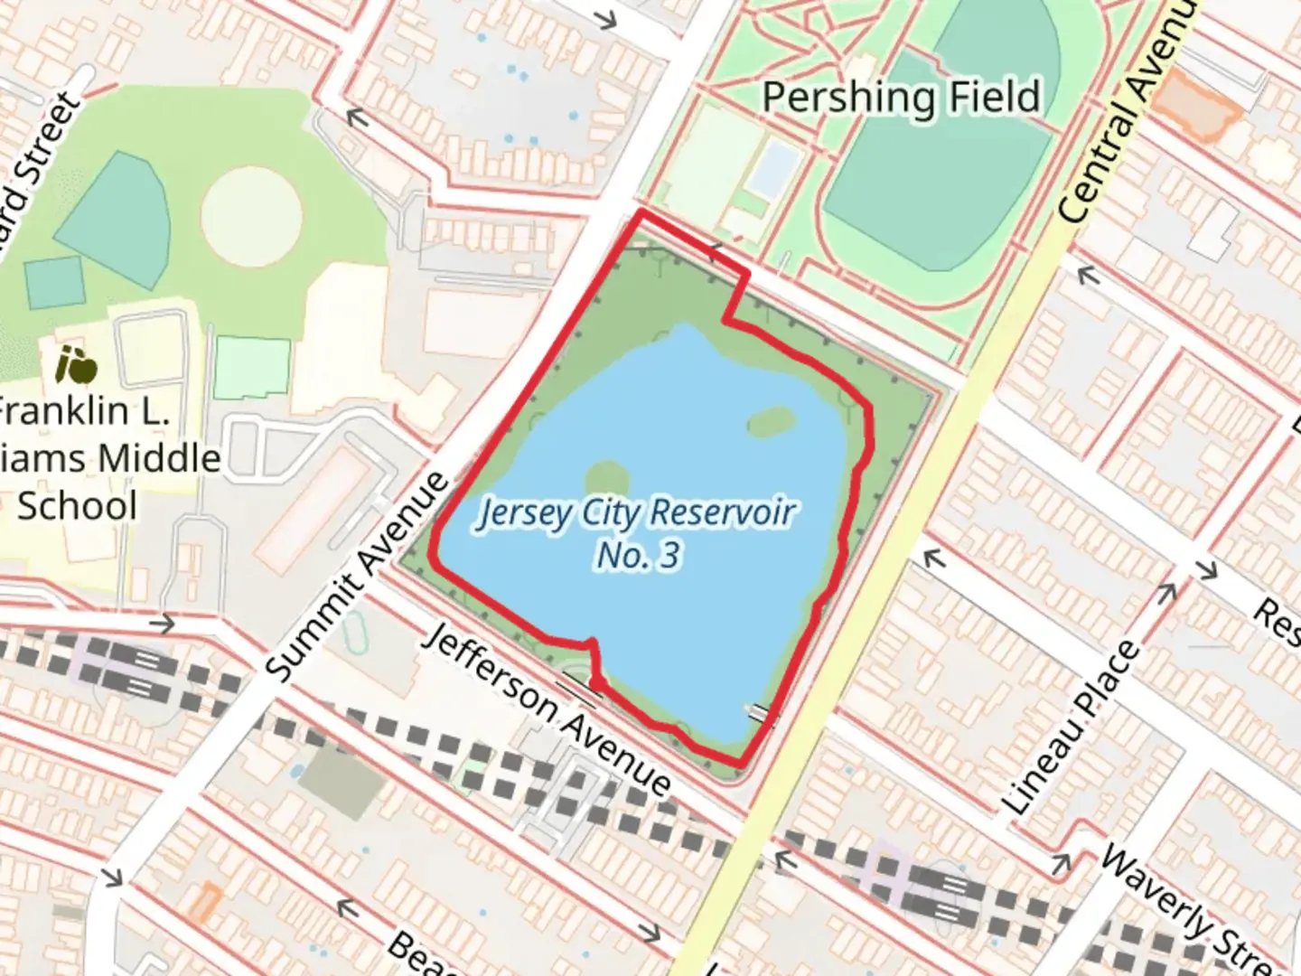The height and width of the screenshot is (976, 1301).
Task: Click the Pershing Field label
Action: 901,97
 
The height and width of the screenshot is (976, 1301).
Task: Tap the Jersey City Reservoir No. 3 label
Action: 638,533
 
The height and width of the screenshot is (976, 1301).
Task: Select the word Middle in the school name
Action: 159,458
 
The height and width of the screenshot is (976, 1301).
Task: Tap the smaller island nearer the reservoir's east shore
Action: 771,421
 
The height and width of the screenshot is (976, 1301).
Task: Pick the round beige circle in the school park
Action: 251,216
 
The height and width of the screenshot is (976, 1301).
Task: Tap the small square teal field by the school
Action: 55,283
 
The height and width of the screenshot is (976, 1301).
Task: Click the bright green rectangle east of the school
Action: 253,368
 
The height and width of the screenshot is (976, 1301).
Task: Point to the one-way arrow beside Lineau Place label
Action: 1166,593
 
